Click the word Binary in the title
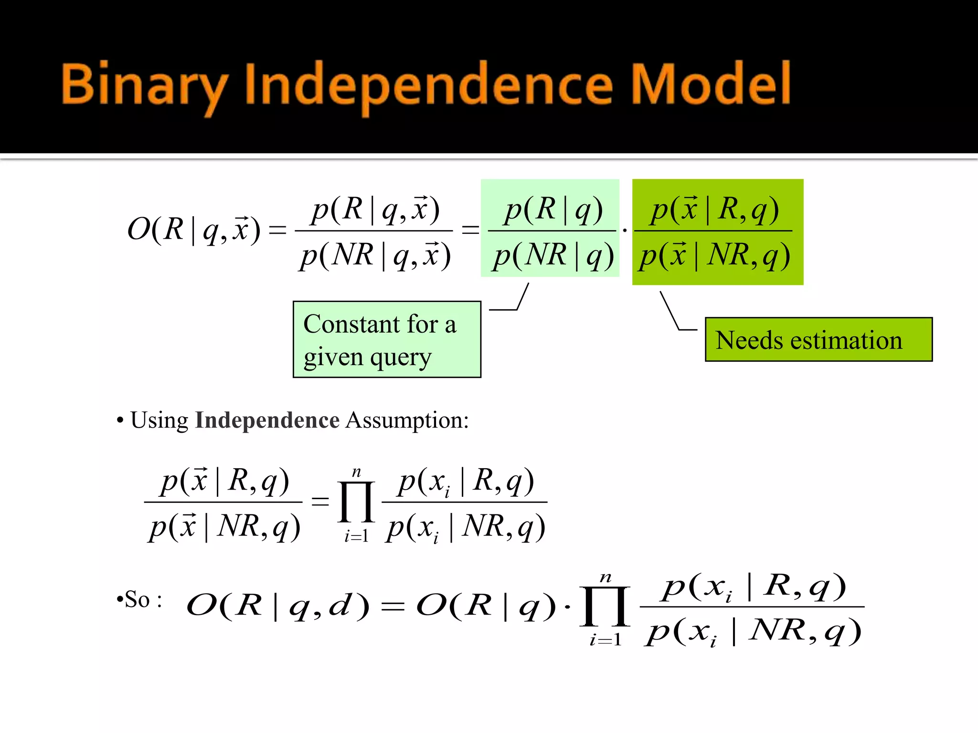143,85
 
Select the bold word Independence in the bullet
267,420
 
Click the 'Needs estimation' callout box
818,340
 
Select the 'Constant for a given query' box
386,339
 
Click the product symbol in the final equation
605,607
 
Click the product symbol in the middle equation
356,502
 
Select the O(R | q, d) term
277,606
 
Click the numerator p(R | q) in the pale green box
553,209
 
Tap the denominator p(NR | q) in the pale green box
553,255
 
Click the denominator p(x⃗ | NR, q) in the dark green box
714,255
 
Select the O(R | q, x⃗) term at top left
193,230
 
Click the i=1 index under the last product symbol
605,639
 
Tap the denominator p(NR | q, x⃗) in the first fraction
375,255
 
